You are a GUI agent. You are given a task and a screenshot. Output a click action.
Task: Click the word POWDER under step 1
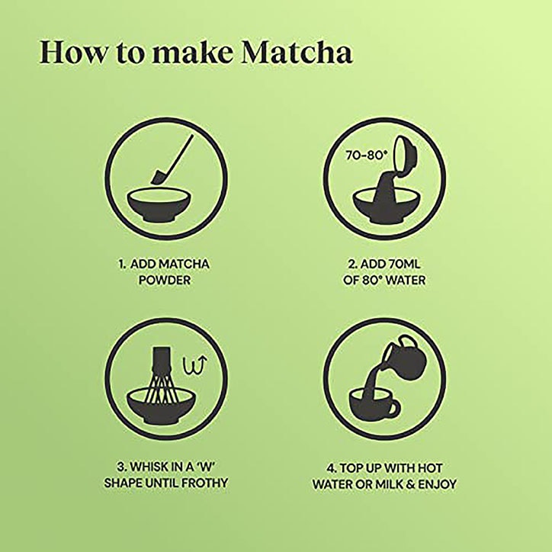pos(164,280)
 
